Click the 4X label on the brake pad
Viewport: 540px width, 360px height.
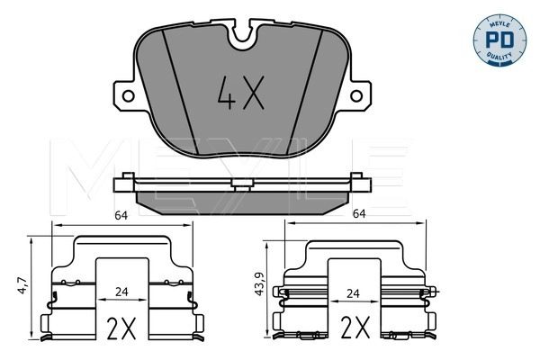[241, 93]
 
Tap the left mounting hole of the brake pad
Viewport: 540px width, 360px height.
[128, 95]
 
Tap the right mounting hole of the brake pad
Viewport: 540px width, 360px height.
[356, 95]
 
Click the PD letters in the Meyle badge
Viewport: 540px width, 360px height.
[499, 40]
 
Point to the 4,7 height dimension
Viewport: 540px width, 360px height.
[22, 285]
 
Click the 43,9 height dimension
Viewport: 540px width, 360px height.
[258, 283]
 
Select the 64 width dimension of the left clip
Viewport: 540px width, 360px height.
[121, 216]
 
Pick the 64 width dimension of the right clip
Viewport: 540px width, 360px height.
[359, 213]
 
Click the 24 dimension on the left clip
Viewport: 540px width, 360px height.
[121, 292]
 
